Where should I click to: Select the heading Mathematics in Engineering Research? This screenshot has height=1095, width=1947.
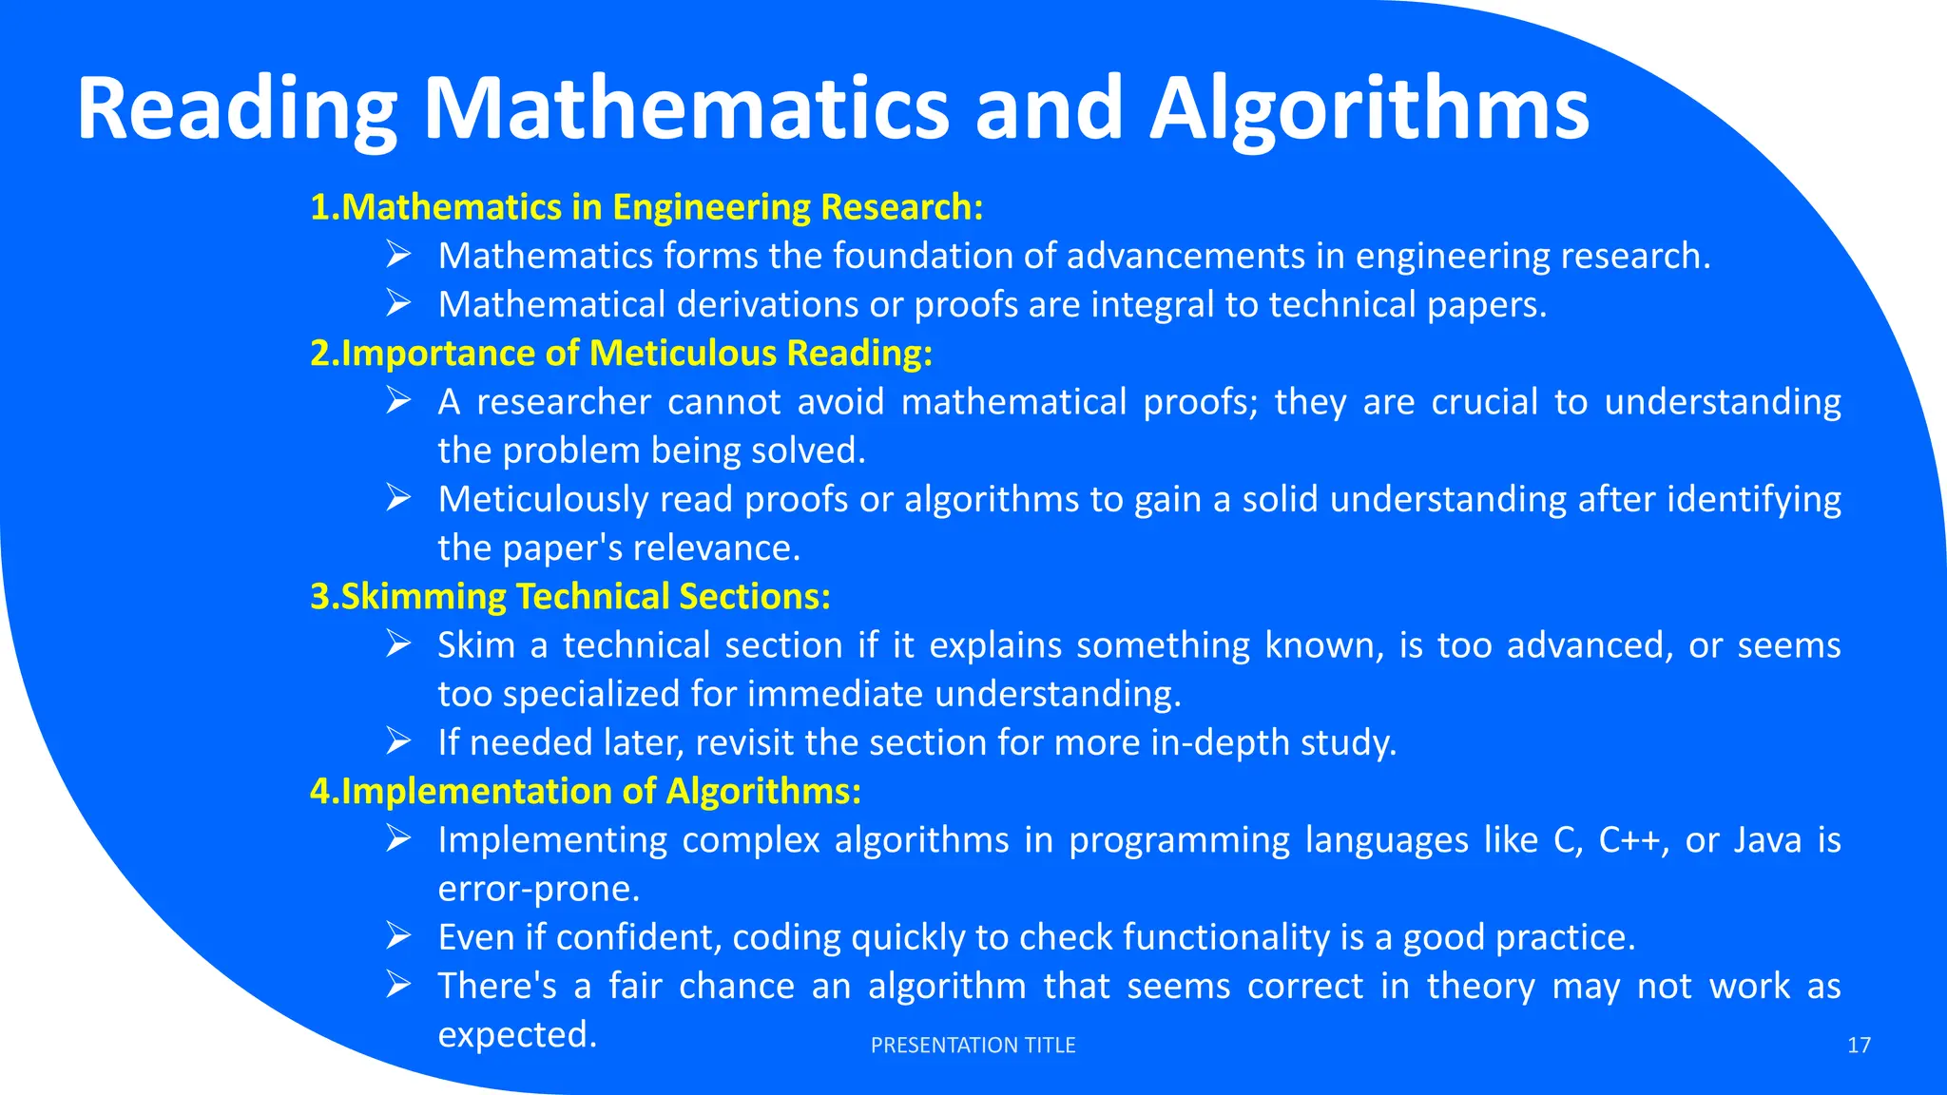coord(646,207)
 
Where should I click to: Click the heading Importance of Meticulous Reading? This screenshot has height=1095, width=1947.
coord(622,354)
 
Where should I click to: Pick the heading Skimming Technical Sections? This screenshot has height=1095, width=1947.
coord(570,597)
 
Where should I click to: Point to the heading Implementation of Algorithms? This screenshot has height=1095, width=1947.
coord(586,792)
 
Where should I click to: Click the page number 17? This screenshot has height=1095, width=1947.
coord(1859,1046)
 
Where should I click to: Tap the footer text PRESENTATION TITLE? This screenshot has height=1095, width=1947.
coord(973,1046)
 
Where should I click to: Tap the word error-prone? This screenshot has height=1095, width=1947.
coord(538,889)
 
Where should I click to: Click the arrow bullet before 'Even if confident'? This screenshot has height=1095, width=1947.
coord(398,936)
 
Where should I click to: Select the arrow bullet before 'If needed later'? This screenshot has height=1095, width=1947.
coord(398,741)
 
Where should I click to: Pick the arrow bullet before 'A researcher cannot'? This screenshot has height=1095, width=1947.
coord(398,401)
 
